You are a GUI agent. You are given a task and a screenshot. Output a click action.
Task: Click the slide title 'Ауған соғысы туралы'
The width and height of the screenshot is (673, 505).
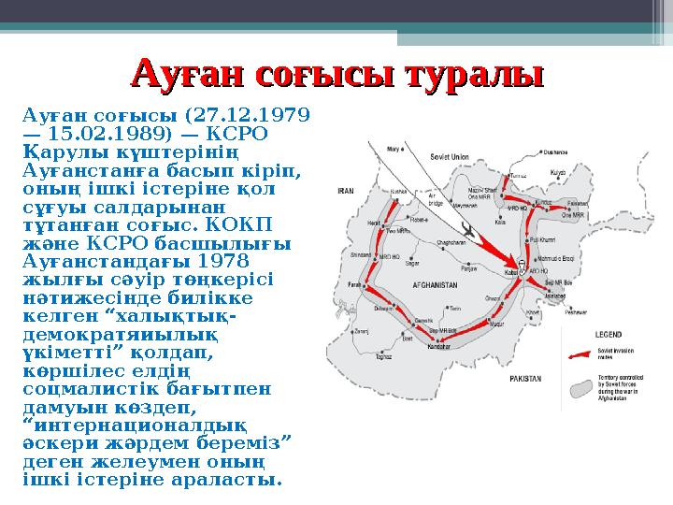click(x=337, y=72)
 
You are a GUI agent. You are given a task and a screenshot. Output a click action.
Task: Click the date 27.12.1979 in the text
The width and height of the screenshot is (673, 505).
click(x=250, y=116)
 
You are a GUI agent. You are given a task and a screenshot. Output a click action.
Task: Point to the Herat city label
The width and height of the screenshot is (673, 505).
click(x=374, y=224)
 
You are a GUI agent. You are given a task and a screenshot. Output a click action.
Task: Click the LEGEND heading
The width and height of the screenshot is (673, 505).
click(x=609, y=334)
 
